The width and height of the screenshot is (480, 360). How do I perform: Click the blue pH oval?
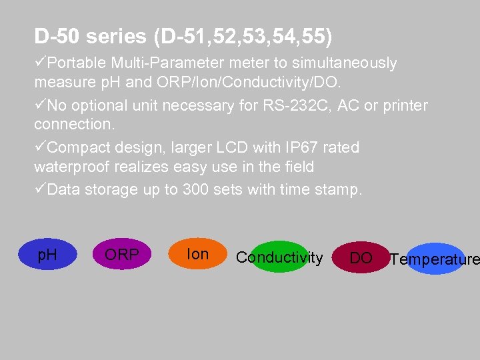click(47, 255)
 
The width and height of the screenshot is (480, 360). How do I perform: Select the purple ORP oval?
click(121, 255)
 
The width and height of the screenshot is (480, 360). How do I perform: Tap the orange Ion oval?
click(197, 254)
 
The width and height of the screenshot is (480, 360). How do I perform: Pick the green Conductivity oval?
click(280, 257)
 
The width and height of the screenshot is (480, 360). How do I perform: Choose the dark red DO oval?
click(361, 258)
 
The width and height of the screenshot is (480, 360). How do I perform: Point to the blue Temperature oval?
click(435, 259)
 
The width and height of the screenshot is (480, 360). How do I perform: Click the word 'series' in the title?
click(115, 37)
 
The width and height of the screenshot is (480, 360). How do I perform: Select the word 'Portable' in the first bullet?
click(77, 63)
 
